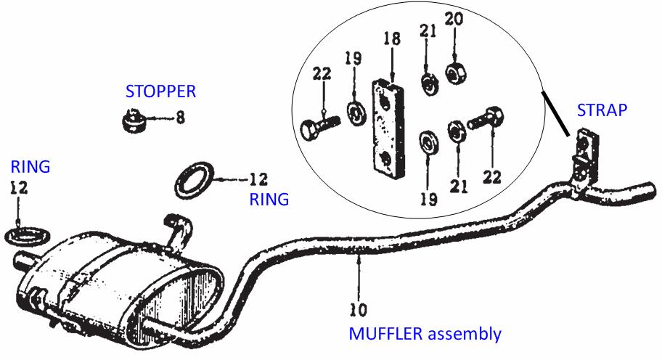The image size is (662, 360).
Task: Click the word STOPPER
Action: pyautogui.click(x=160, y=92)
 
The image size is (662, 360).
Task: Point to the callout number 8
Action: pyautogui.click(x=179, y=116)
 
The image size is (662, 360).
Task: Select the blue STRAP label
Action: pyautogui.click(x=602, y=111)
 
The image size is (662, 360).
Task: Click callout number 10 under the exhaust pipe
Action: pyautogui.click(x=358, y=310)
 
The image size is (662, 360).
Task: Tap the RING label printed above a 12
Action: pyautogui.click(x=30, y=166)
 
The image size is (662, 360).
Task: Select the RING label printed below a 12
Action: pyautogui.click(x=269, y=199)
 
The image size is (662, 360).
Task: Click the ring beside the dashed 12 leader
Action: pyautogui.click(x=195, y=179)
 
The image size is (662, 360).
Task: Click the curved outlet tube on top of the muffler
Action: pyautogui.click(x=177, y=230)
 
